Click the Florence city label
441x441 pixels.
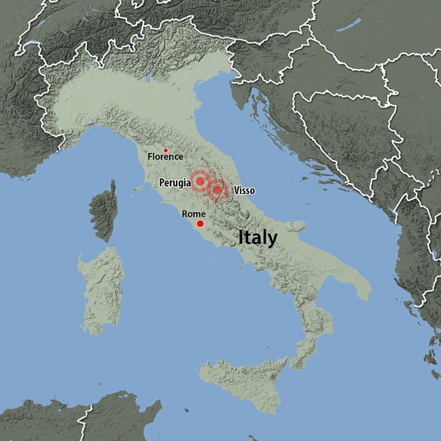point(165,157)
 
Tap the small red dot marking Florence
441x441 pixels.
point(166,150)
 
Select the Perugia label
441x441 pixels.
point(175,183)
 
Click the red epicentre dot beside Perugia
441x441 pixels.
point(200,181)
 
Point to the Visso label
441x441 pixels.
point(244,190)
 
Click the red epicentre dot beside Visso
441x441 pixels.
point(217,189)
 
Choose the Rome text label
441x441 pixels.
point(193,214)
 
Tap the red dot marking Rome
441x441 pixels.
point(200,224)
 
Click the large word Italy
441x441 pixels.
point(257,238)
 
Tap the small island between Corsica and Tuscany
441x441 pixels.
point(136,188)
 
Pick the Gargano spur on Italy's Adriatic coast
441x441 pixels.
point(294,226)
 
